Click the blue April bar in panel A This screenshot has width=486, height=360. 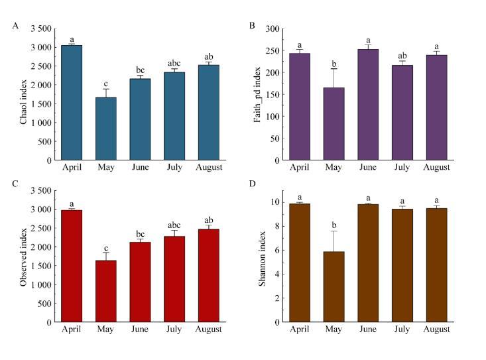click(x=71, y=103)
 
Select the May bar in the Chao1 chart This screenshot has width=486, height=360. click(x=105, y=129)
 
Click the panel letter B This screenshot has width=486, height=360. click(x=252, y=25)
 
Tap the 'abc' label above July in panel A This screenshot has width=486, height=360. click(x=174, y=64)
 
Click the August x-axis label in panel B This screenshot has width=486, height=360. click(x=437, y=168)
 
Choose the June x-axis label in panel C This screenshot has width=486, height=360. click(x=140, y=330)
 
